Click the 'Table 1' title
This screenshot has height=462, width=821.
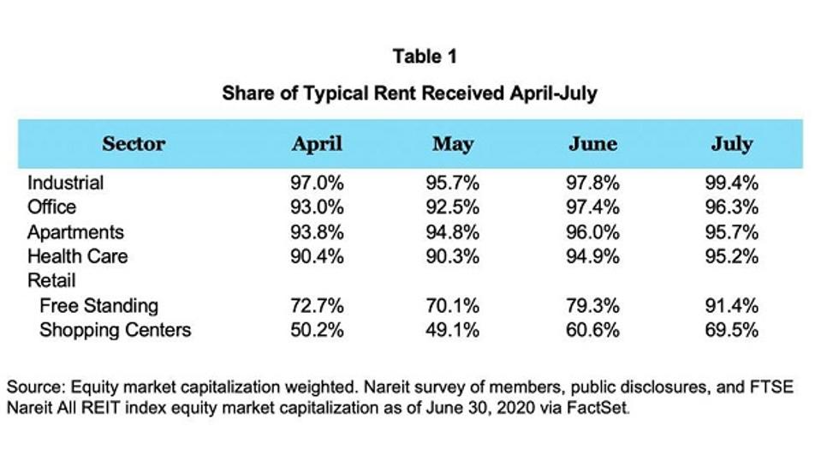[425, 57]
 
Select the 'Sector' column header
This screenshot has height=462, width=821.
[134, 144]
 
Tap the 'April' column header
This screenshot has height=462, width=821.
[317, 144]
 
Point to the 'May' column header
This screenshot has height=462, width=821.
[453, 144]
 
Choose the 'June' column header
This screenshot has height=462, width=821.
[592, 144]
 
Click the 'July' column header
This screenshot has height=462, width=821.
[731, 144]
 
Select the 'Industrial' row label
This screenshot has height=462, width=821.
[66, 183]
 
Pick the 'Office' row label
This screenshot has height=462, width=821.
[51, 207]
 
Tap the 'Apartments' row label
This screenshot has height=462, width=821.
[75, 232]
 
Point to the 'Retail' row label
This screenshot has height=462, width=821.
[51, 280]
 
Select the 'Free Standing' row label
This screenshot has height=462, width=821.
[98, 305]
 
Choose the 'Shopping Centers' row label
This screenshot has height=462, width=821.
[115, 330]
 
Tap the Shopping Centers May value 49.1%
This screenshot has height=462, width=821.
[453, 330]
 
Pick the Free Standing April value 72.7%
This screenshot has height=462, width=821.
[317, 305]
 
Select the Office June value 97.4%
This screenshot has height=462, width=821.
[592, 207]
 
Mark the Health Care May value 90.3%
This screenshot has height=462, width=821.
[453, 256]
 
